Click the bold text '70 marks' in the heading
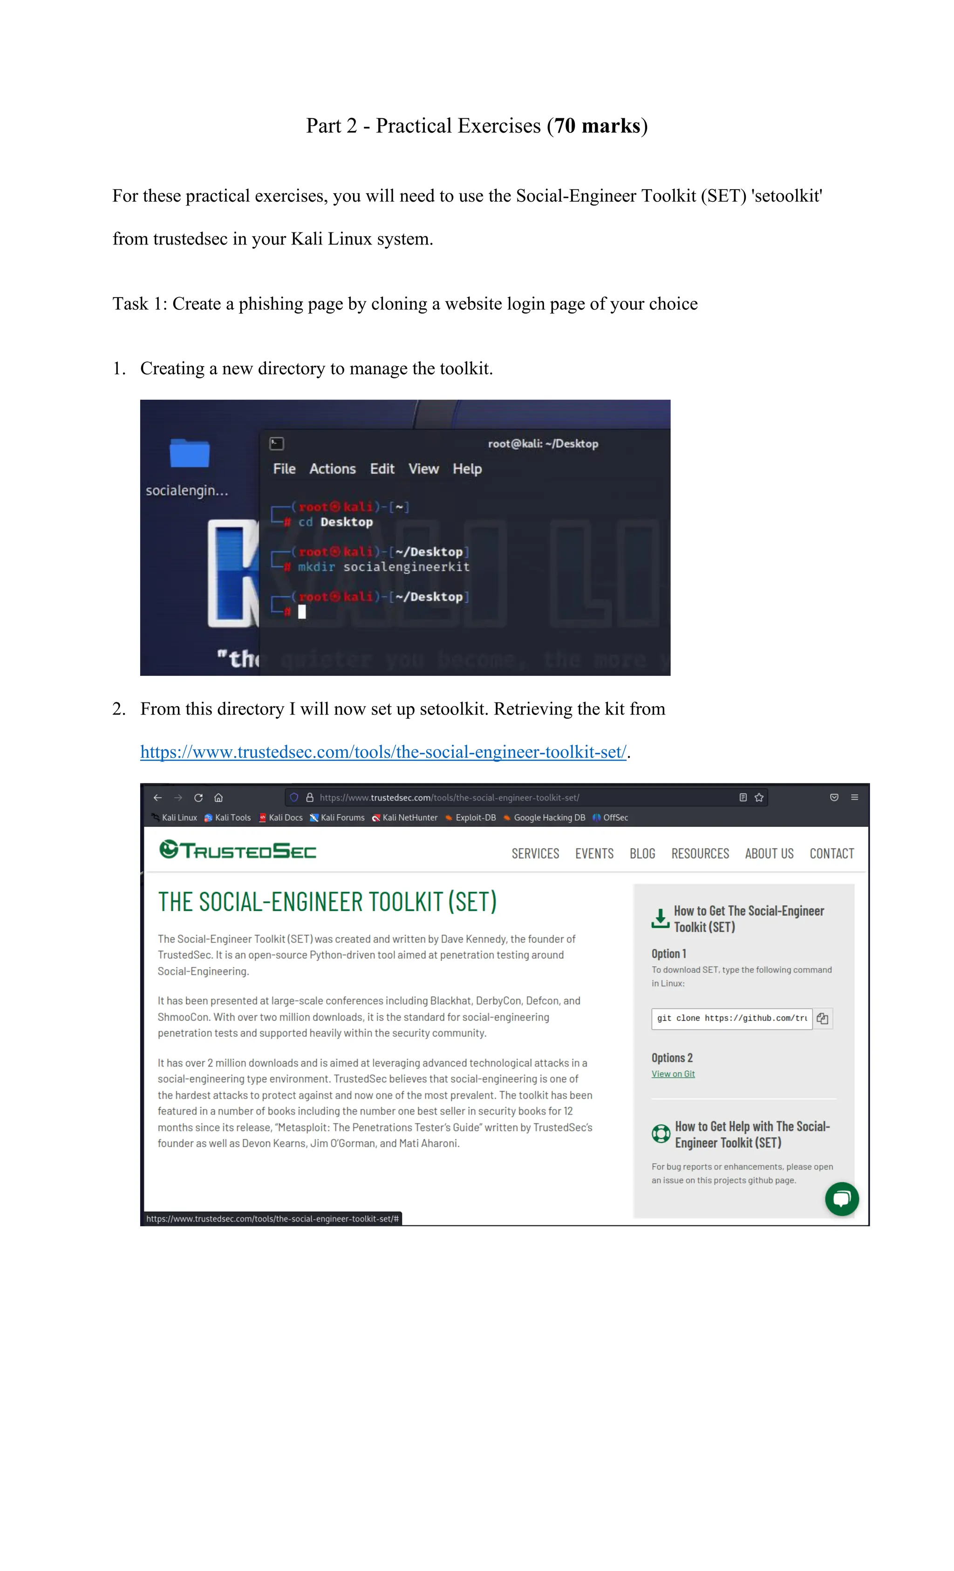click(597, 126)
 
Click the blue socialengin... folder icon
click(190, 454)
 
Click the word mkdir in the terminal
click(316, 567)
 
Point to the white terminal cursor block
click(302, 612)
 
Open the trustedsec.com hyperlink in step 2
click(382, 752)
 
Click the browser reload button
click(198, 798)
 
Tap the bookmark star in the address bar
click(759, 798)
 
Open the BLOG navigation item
click(642, 854)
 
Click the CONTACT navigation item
click(831, 854)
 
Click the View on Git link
click(673, 1075)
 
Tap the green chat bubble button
click(842, 1199)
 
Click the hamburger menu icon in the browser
click(854, 798)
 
